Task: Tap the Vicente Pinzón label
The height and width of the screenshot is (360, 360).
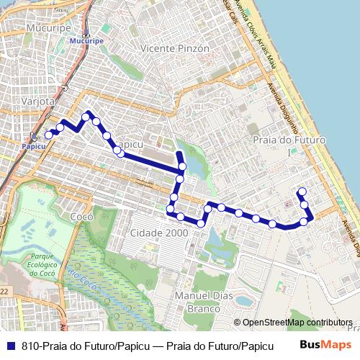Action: (176, 48)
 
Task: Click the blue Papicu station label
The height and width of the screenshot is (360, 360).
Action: (32, 146)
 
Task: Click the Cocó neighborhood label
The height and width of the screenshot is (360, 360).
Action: (78, 216)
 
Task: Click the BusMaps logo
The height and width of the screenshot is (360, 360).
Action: (324, 345)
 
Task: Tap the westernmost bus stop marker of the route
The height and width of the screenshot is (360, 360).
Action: (48, 135)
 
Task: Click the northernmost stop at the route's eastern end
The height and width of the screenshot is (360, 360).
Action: (302, 192)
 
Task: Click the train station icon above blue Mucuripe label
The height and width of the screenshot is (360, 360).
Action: (85, 35)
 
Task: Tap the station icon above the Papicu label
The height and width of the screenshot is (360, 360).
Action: (33, 138)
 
